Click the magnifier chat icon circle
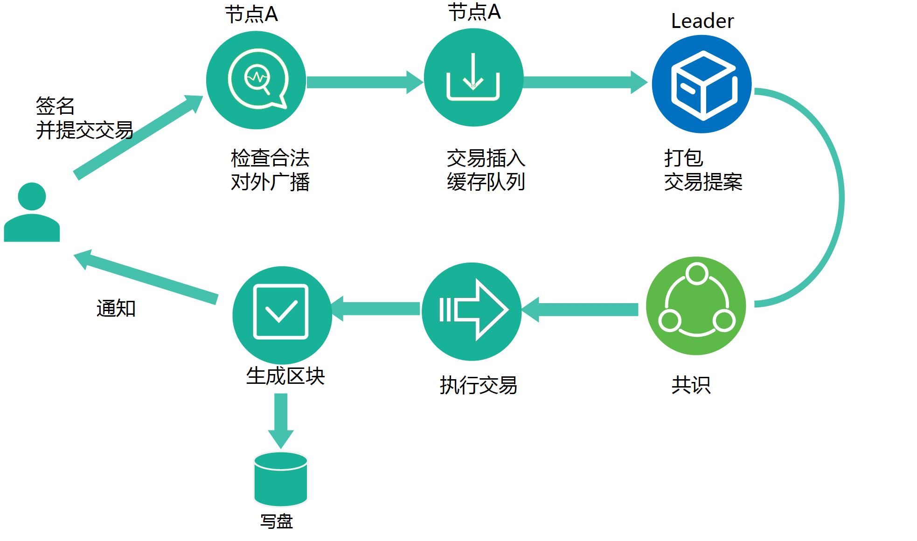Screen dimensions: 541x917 pos(256,80)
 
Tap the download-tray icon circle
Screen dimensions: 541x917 pos(473,77)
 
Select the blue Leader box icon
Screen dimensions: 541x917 pos(702,84)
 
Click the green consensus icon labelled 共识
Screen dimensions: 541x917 pos(696,305)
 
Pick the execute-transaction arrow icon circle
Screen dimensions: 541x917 pos(472,311)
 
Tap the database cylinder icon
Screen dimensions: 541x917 pos(281,479)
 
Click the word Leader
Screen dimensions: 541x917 pos(702,21)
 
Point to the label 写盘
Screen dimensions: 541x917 pos(277,521)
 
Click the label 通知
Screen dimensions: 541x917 pos(116,308)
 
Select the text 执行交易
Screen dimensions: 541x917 pos(478,385)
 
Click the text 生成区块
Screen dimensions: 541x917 pos(285,376)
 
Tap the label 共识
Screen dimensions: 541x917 pos(691,385)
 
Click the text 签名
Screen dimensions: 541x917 pos(55,106)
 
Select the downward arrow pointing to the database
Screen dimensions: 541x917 pos(281,420)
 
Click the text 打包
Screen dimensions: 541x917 pos(683,158)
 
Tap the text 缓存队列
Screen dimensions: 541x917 pos(486,182)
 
